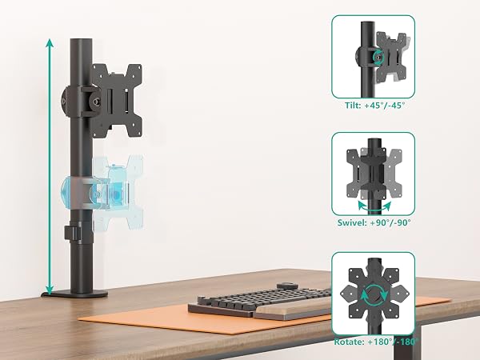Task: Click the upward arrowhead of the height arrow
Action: click(50, 43)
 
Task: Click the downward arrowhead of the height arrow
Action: click(50, 290)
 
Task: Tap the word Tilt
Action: click(354, 106)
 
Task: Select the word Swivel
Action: click(352, 222)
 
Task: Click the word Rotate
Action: click(349, 342)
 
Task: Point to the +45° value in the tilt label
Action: click(374, 106)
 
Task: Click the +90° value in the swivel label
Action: click(380, 222)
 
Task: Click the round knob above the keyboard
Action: click(287, 286)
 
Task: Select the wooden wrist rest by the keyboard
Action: click(292, 308)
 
